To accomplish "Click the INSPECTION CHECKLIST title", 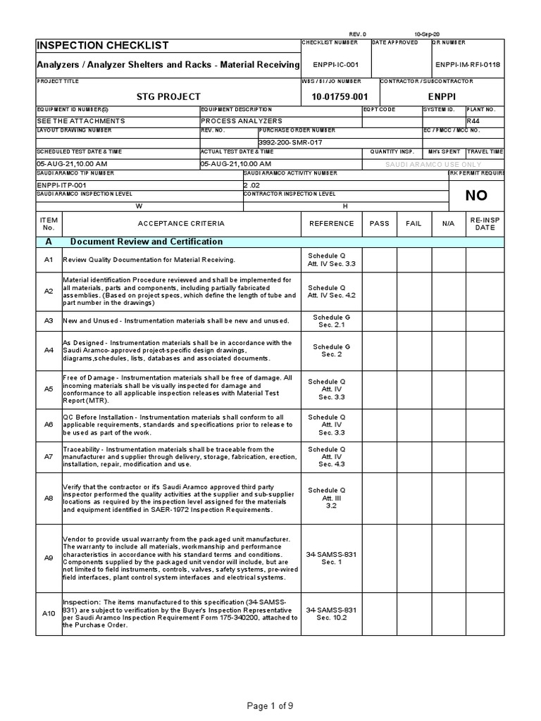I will [x=103, y=46].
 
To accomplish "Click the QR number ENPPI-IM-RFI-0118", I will [x=467, y=65].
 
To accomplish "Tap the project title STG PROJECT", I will [x=168, y=96].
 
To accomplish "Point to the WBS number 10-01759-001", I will [x=340, y=96].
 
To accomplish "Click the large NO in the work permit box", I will [x=476, y=196].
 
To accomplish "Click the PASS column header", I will [x=379, y=223].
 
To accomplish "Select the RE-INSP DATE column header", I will [x=485, y=223].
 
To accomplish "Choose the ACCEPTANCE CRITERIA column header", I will [x=181, y=223].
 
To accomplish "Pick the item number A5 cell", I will [x=49, y=389].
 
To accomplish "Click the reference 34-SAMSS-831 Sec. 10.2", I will [x=331, y=613].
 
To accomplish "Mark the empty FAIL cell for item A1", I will [x=413, y=259].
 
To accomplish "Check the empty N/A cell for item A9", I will [x=449, y=558].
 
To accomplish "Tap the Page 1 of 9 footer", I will [x=270, y=706].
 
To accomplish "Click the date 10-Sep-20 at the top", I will [x=428, y=34].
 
